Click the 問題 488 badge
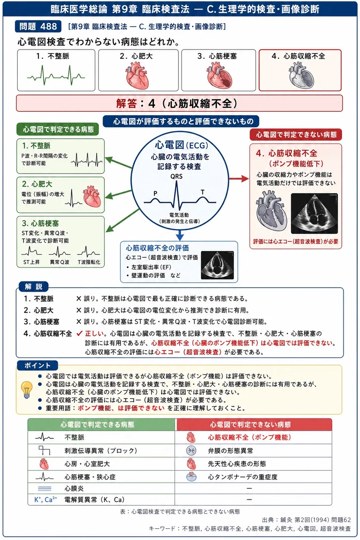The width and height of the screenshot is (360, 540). tap(38, 26)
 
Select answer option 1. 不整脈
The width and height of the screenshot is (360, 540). tap(56, 70)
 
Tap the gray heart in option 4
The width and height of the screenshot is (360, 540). tap(301, 76)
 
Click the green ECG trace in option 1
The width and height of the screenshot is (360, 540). tap(56, 76)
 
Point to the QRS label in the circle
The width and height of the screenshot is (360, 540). tap(176, 176)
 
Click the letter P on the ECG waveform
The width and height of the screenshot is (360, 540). tap(156, 193)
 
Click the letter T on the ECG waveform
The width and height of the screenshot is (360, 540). tap(203, 192)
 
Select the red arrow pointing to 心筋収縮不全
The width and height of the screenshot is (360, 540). tap(239, 178)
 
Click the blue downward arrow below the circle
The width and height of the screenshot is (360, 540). tap(180, 235)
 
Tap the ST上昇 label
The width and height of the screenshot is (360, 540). tap(31, 262)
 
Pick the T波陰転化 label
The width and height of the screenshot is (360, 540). tap(89, 262)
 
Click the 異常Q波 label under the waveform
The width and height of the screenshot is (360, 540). tap(60, 262)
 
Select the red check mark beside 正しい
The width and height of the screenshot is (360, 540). tap(79, 334)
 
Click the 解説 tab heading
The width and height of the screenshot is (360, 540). tap(33, 286)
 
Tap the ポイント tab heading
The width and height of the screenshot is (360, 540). tap(38, 365)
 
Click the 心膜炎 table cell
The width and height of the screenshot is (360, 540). tap(101, 489)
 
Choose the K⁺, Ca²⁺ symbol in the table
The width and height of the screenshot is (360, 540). tap(46, 499)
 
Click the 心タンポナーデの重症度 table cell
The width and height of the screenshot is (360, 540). tap(253, 477)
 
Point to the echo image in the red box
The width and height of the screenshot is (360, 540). tap(314, 213)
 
